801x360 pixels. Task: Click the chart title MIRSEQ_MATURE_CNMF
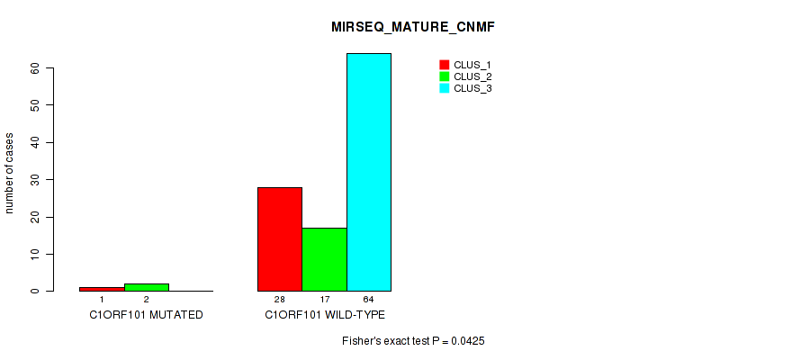pos(413,28)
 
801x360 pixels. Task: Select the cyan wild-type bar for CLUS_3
pos(369,172)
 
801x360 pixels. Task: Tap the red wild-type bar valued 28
pos(280,239)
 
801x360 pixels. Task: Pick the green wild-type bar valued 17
pos(324,259)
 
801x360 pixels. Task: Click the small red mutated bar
pos(103,289)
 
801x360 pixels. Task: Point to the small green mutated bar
pos(147,287)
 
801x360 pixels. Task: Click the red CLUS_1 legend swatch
pos(444,65)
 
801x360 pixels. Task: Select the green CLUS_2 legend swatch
pos(444,76)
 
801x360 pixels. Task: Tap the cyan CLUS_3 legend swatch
pos(444,88)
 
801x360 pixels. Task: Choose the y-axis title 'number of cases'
pos(10,174)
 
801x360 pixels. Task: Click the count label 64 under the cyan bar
pos(369,299)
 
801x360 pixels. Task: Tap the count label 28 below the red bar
pos(280,299)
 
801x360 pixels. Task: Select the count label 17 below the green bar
pos(324,299)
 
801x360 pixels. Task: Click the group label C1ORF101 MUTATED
pos(147,315)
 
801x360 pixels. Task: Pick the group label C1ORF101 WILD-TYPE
pos(325,315)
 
